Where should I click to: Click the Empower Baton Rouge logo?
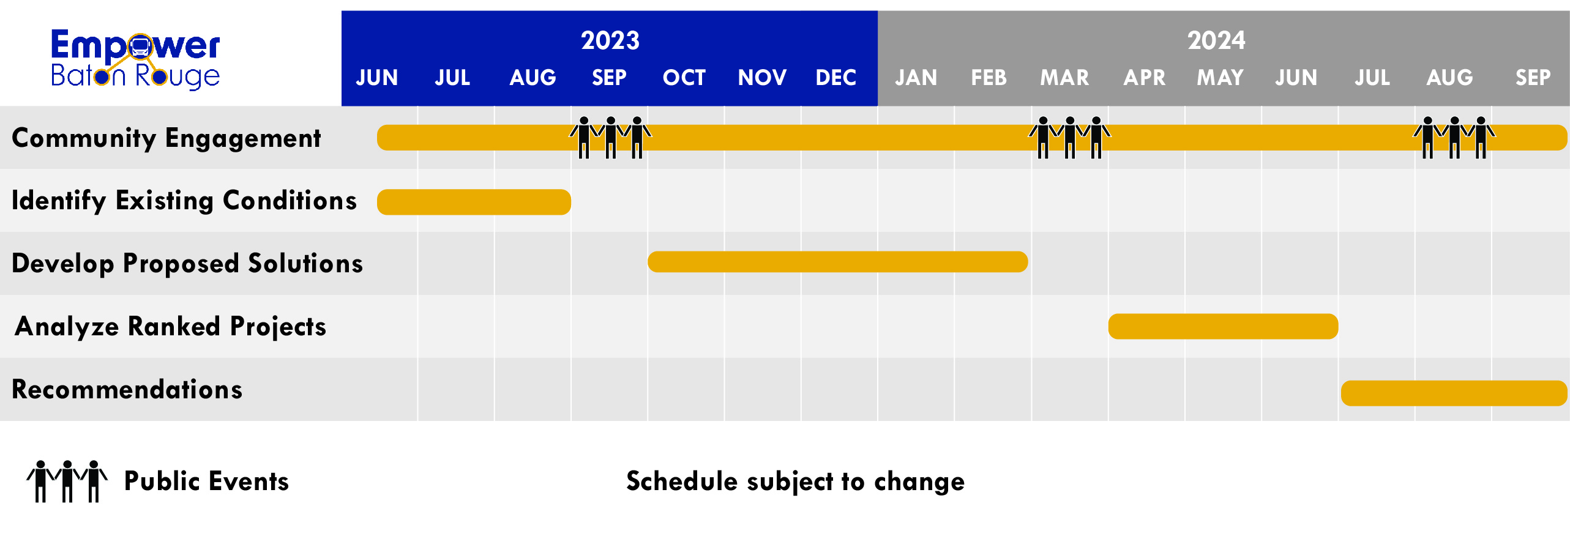point(135,59)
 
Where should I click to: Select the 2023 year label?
point(610,40)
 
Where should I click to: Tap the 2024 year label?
point(1216,40)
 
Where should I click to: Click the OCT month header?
point(684,78)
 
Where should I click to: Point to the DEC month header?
point(835,78)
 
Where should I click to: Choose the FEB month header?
point(989,78)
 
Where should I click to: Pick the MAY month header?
point(1220,78)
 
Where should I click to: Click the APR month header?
point(1144,78)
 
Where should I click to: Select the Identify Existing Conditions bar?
point(474,202)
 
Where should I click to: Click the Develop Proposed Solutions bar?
point(837,262)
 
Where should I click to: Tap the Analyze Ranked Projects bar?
point(1223,326)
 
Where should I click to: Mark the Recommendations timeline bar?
point(1454,393)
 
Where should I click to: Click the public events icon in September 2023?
point(610,138)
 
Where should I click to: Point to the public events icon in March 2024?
point(1069,138)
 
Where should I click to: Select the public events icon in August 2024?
point(1454,138)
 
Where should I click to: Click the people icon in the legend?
point(67,482)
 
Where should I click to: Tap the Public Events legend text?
point(206,482)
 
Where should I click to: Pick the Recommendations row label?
point(127,389)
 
